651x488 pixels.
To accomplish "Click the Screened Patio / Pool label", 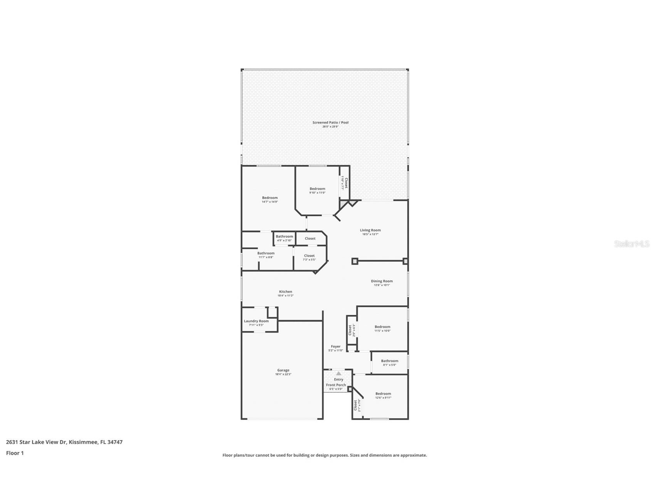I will tap(330, 123).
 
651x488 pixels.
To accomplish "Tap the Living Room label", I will tap(370, 231).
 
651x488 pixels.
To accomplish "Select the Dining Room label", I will tap(382, 281).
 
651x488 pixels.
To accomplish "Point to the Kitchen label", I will tap(285, 292).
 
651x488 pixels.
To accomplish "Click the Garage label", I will tap(283, 370).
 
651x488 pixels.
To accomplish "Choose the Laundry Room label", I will tap(256, 321).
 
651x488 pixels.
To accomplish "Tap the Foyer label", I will tap(335, 347).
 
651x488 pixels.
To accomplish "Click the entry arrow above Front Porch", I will tap(338, 373).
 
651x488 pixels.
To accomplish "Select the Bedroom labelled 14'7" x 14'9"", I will tap(269, 198).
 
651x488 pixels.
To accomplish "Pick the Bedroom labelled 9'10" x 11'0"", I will tap(317, 189).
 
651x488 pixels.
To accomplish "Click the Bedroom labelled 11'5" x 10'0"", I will tap(382, 327).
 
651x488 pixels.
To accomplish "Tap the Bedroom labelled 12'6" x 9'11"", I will tap(383, 394).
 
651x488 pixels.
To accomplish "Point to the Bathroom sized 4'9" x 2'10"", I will tap(284, 237).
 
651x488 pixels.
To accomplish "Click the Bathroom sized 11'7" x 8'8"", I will tap(266, 254).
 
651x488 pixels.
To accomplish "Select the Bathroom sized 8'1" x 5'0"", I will tap(389, 361).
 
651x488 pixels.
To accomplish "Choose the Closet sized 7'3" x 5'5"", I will tap(309, 256).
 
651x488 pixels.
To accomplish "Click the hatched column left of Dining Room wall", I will tap(355, 261).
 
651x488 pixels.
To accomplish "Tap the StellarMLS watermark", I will tap(631, 244).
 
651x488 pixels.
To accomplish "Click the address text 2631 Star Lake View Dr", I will tap(64, 442).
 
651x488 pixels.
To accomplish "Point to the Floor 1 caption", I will tap(15, 453).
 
